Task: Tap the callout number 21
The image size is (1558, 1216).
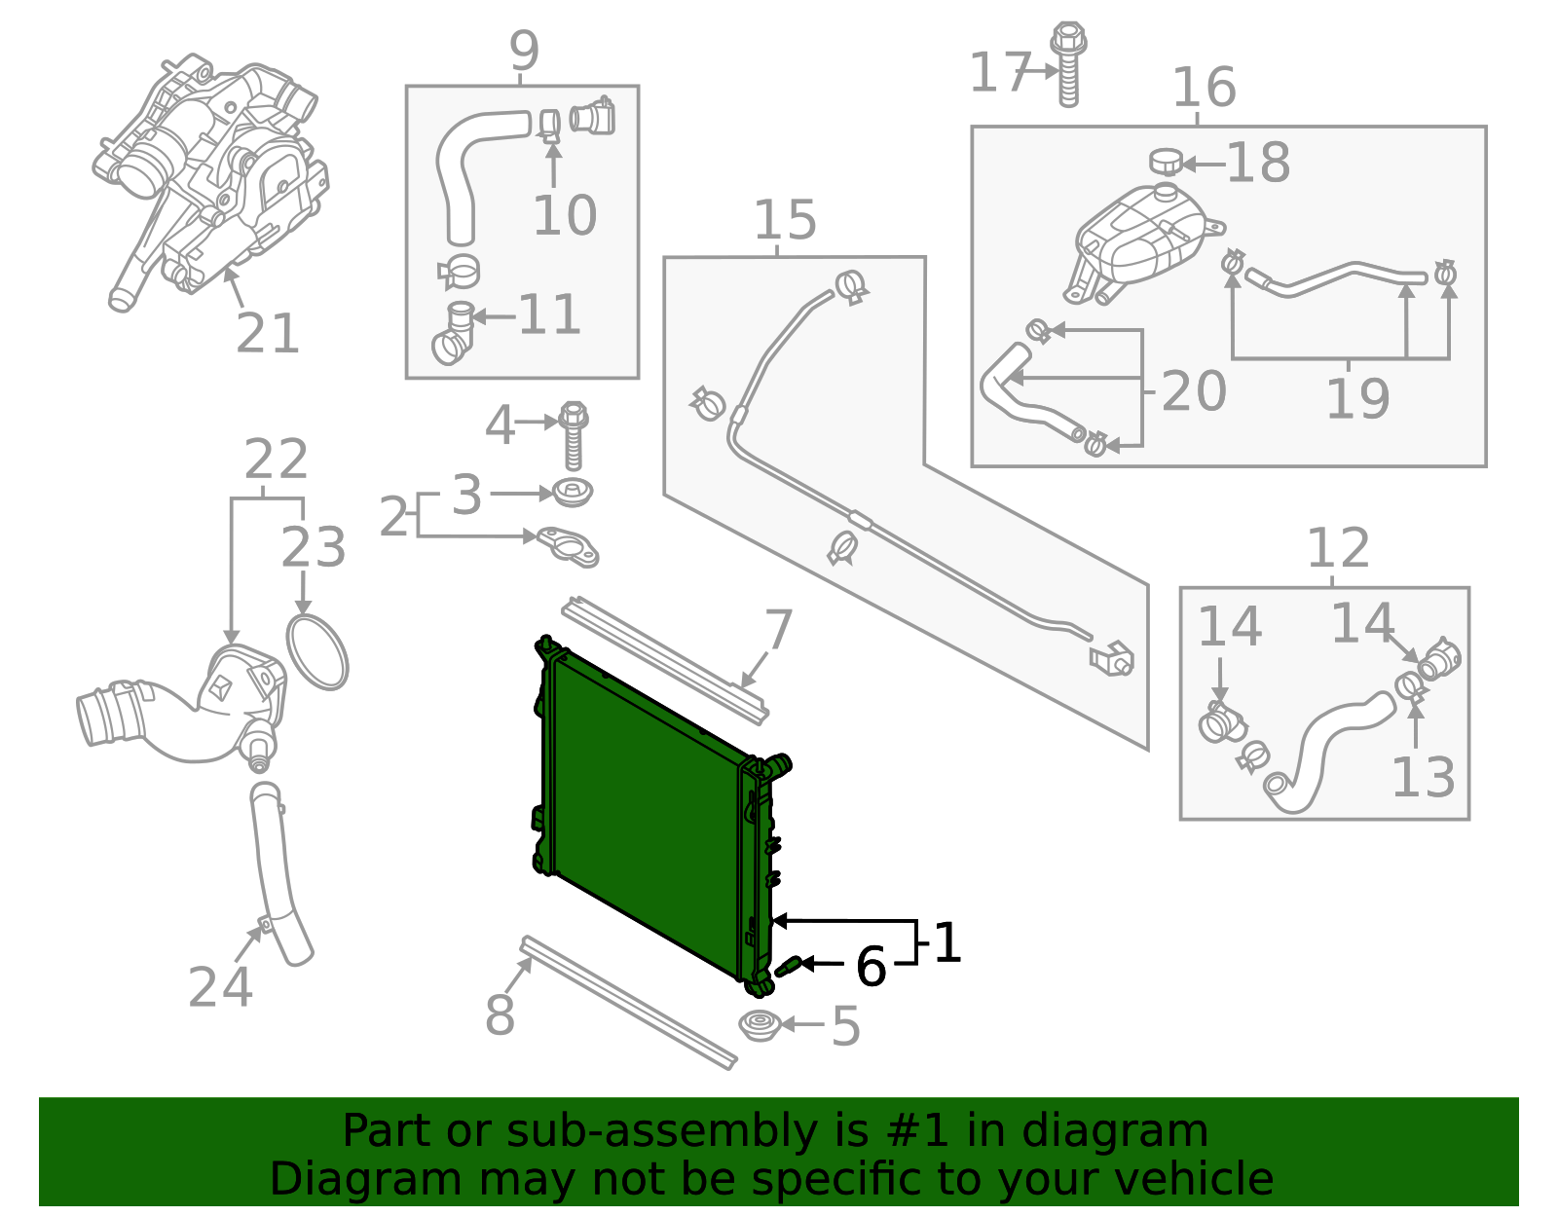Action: pyautogui.click(x=267, y=335)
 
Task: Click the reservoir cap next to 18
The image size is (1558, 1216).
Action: pyautogui.click(x=1165, y=162)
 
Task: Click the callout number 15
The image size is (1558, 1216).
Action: pyautogui.click(x=785, y=221)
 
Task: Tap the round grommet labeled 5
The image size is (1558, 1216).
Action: pyautogui.click(x=760, y=1024)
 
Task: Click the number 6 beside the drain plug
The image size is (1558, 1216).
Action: pyautogui.click(x=871, y=967)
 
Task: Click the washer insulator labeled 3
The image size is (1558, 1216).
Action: pyautogui.click(x=574, y=493)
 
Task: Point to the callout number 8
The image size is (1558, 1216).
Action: pyautogui.click(x=500, y=1015)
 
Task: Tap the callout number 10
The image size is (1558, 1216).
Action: pyautogui.click(x=565, y=216)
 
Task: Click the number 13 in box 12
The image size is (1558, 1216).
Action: pyautogui.click(x=1423, y=777)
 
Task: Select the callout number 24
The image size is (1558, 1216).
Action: pyautogui.click(x=220, y=987)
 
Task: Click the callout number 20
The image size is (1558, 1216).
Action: pyautogui.click(x=1193, y=391)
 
